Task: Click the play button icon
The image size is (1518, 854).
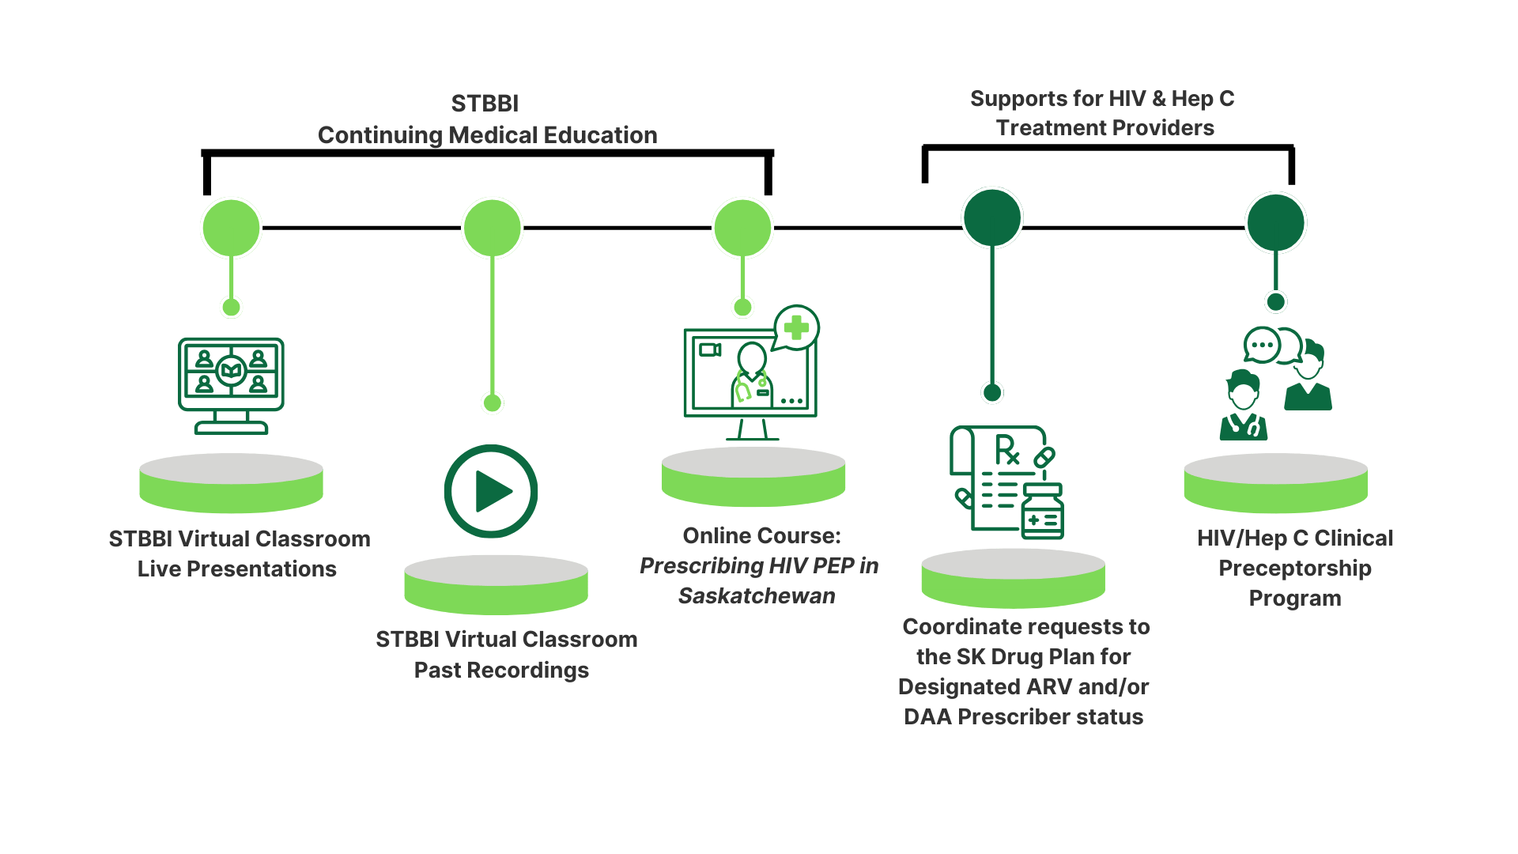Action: pyautogui.click(x=491, y=491)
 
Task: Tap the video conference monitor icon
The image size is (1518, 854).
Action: pyautogui.click(x=231, y=385)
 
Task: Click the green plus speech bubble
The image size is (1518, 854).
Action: pyautogui.click(x=795, y=327)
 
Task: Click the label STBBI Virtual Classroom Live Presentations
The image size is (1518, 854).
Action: pyautogui.click(x=239, y=554)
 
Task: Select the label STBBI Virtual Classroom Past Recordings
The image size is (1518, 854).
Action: pyautogui.click(x=506, y=654)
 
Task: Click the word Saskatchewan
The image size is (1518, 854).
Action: pyautogui.click(x=757, y=595)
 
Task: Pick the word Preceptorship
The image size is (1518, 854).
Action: pyautogui.click(x=1295, y=568)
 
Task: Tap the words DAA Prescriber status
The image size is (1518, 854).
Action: pyautogui.click(x=1024, y=716)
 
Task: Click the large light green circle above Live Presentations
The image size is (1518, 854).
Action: pyautogui.click(x=231, y=228)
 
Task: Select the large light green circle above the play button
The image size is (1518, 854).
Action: pyautogui.click(x=493, y=228)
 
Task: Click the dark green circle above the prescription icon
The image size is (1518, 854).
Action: pyautogui.click(x=992, y=217)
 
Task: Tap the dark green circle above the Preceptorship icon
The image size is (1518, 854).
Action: pyautogui.click(x=1275, y=222)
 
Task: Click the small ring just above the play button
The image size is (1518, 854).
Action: pyautogui.click(x=493, y=403)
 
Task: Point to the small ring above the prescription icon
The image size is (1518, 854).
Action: pyautogui.click(x=992, y=392)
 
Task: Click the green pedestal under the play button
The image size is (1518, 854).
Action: pyautogui.click(x=496, y=585)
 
